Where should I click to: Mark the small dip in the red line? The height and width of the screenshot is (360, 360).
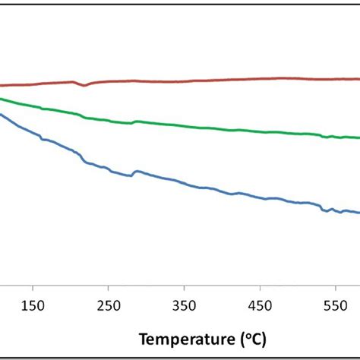click(85, 85)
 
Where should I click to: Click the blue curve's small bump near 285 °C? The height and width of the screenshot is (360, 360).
click(137, 172)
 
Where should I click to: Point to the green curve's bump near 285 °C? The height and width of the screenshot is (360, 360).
click(135, 121)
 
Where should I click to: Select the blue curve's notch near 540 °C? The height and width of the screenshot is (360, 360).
click(327, 210)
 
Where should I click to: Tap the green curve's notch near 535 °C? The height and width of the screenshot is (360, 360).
click(325, 137)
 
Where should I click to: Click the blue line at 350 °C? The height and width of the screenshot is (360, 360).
click(184, 183)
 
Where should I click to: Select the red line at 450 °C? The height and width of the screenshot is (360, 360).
click(260, 78)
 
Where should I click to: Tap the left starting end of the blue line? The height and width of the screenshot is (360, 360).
click(2, 115)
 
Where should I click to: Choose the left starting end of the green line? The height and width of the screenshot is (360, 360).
click(2, 99)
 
